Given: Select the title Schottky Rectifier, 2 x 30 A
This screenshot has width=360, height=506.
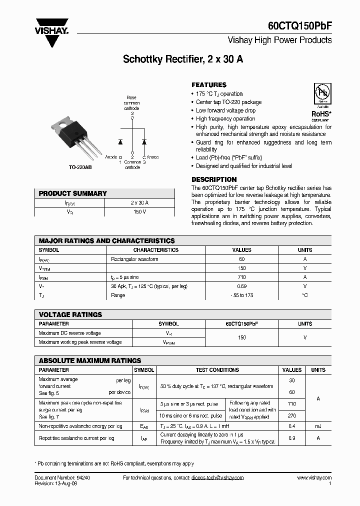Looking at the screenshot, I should [183, 59].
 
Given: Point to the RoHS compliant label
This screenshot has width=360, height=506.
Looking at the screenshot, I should [320, 115].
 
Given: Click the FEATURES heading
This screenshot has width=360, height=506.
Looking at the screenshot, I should [209, 85].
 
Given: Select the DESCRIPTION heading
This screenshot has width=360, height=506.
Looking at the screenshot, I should [214, 179].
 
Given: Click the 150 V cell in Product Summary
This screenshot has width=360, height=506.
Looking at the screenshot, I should [139, 212].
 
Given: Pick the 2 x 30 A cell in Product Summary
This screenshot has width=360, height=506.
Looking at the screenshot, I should [139, 202].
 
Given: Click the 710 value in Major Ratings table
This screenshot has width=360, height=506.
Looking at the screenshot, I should [242, 277].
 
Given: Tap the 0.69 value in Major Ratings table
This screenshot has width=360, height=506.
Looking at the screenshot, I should [242, 286].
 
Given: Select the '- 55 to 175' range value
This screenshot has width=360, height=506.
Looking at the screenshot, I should [242, 295].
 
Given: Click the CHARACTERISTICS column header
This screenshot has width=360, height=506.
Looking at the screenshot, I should [155, 250].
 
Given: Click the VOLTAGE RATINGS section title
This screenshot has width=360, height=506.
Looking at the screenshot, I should [70, 314].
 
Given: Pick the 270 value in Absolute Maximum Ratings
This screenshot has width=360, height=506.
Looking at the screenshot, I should [292, 415].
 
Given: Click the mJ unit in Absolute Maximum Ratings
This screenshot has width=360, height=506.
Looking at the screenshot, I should [318, 426].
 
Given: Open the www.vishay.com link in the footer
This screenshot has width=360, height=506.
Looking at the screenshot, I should [314, 478].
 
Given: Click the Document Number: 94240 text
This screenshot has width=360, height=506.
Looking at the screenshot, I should [62, 478].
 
